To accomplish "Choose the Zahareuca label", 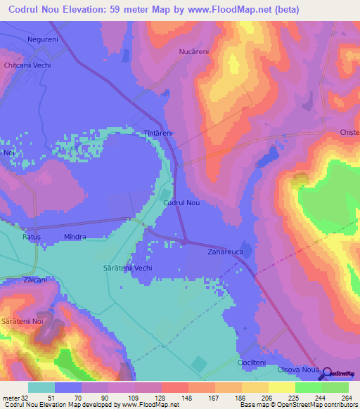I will [225, 251].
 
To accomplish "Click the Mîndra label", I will [75, 238].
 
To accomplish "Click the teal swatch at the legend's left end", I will [41, 387].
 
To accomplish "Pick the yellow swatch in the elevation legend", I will [281, 387].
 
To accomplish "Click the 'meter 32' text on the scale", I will [14, 398].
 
